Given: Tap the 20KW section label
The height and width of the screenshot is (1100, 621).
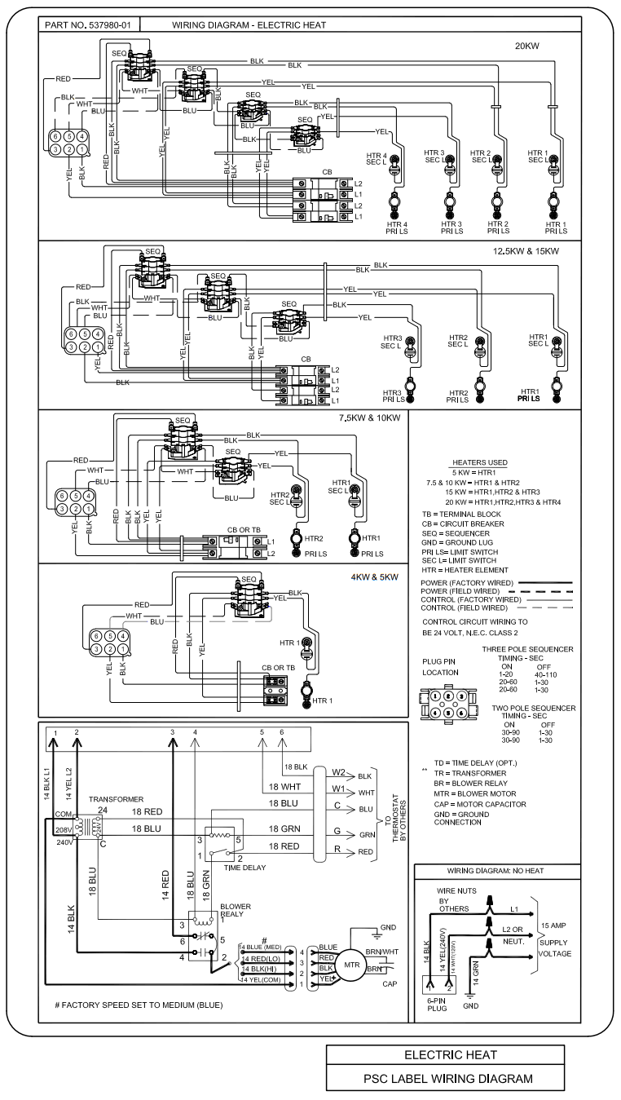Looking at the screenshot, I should pyautogui.click(x=531, y=46).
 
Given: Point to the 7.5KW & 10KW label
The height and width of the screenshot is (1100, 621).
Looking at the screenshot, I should pyautogui.click(x=371, y=418).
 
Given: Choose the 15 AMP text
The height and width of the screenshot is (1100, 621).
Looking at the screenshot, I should pyautogui.click(x=554, y=926).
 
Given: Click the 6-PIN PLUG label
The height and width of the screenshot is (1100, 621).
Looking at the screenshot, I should pyautogui.click(x=438, y=1002).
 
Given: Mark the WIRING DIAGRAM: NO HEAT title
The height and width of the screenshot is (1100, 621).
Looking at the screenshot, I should pyautogui.click(x=495, y=870).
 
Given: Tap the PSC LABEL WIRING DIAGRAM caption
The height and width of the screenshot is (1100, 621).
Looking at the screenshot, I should pyautogui.click(x=448, y=1078).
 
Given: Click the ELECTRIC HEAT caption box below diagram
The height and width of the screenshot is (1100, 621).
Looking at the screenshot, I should pyautogui.click(x=448, y=1054).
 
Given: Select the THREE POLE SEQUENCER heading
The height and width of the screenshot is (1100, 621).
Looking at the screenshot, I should pyautogui.click(x=527, y=649).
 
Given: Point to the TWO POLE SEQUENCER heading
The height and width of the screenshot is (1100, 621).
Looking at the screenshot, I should pyautogui.click(x=528, y=708).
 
